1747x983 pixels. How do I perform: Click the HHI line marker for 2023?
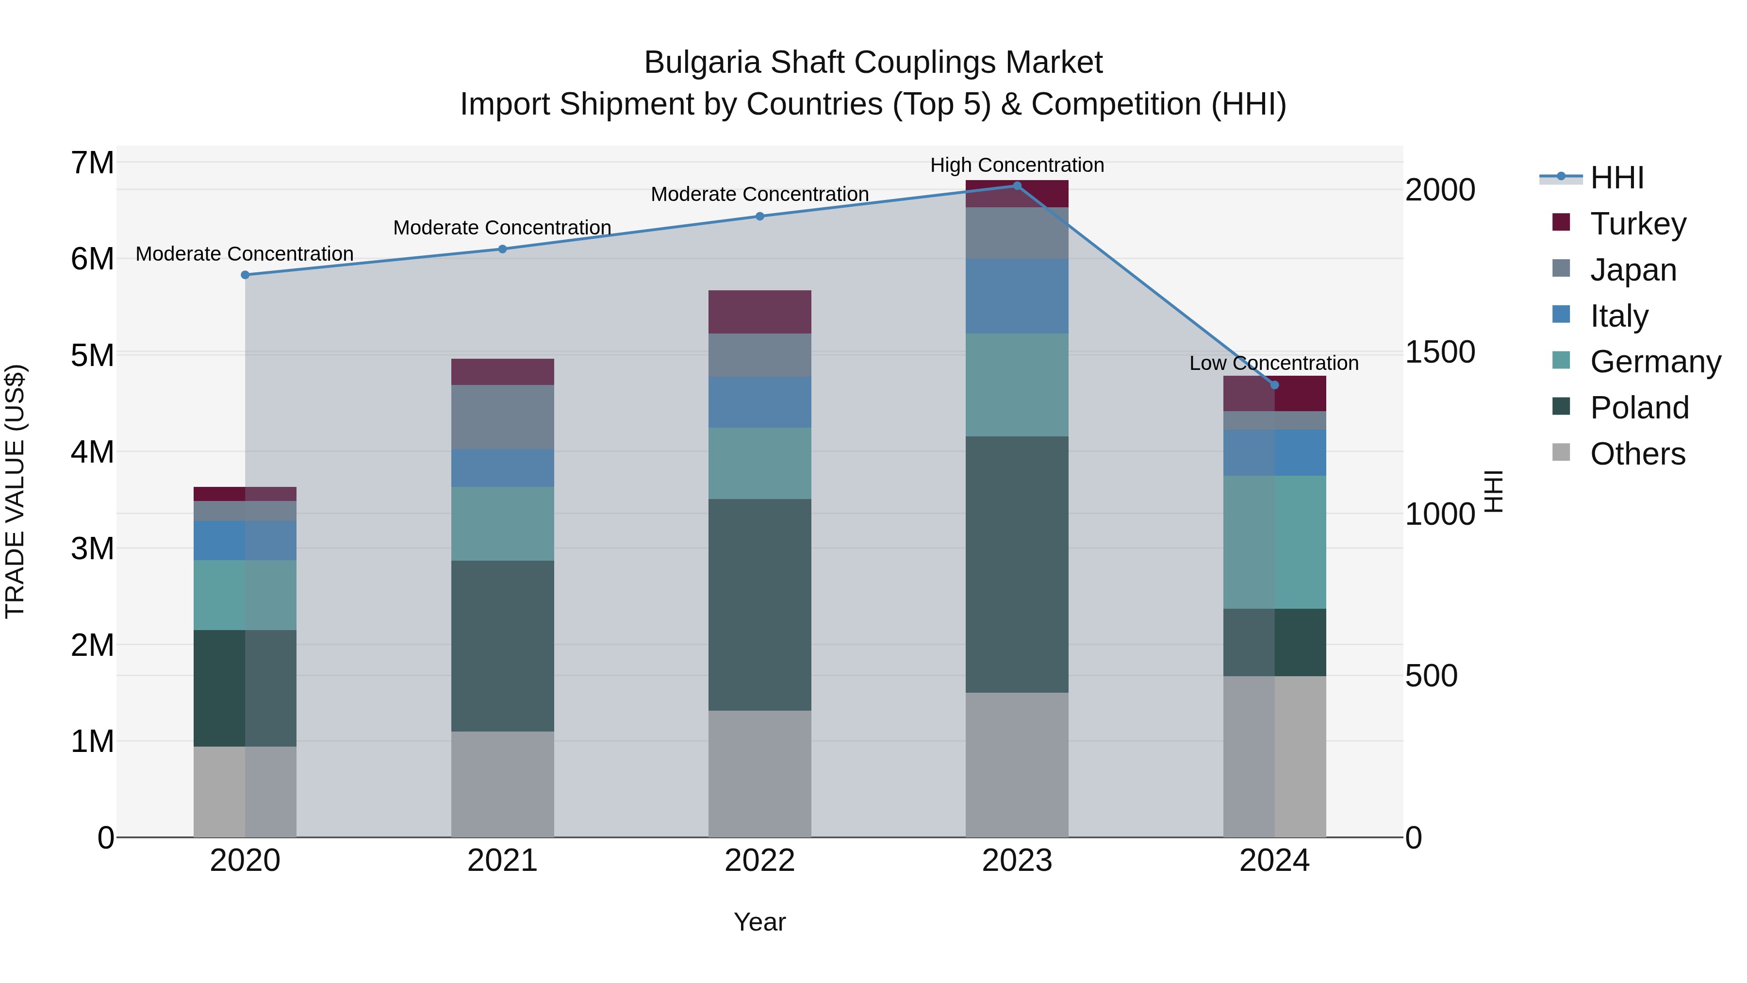(x=1017, y=185)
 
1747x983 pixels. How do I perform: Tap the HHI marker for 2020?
(x=245, y=275)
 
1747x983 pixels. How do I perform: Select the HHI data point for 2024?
(x=1274, y=384)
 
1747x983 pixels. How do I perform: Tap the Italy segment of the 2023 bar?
(x=1017, y=295)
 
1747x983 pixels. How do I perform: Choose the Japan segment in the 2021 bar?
(x=503, y=417)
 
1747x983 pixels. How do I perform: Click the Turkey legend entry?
(x=1638, y=223)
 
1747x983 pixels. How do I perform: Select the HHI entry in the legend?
(x=1617, y=178)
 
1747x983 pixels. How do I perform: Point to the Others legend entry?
(x=1637, y=453)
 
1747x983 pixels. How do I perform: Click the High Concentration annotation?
(x=1017, y=165)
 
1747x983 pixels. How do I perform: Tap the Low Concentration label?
(x=1274, y=363)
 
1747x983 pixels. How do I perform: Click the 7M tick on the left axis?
(x=92, y=163)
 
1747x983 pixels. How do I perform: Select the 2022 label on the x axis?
(x=759, y=860)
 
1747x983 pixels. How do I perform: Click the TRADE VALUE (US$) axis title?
(x=15, y=491)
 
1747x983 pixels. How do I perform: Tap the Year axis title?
(x=759, y=922)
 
